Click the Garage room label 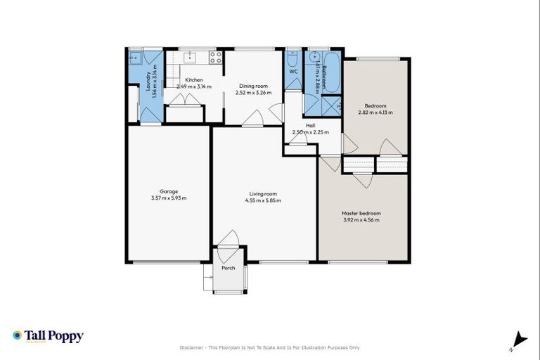point(168,191)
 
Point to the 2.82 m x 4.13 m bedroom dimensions point(375,112)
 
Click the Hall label point(311,125)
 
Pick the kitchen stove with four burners point(215,56)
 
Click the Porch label point(228,268)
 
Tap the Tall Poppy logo point(48,336)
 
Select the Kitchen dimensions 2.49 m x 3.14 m point(193,86)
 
